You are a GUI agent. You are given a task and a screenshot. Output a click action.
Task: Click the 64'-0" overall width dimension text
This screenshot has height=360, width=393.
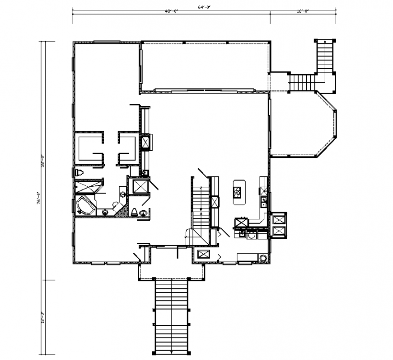click(205, 7)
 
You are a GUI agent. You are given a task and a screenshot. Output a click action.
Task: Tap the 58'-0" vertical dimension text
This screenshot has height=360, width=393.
click(43, 161)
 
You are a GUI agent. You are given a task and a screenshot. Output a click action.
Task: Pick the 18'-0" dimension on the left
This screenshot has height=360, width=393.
click(43, 317)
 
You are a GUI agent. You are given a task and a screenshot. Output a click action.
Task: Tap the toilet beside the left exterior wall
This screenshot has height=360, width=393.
click(80, 173)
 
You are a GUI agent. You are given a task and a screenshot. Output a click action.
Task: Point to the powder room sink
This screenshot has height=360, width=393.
click(144, 213)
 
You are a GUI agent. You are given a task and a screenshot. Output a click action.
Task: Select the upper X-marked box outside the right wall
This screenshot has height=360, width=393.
click(279, 218)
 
